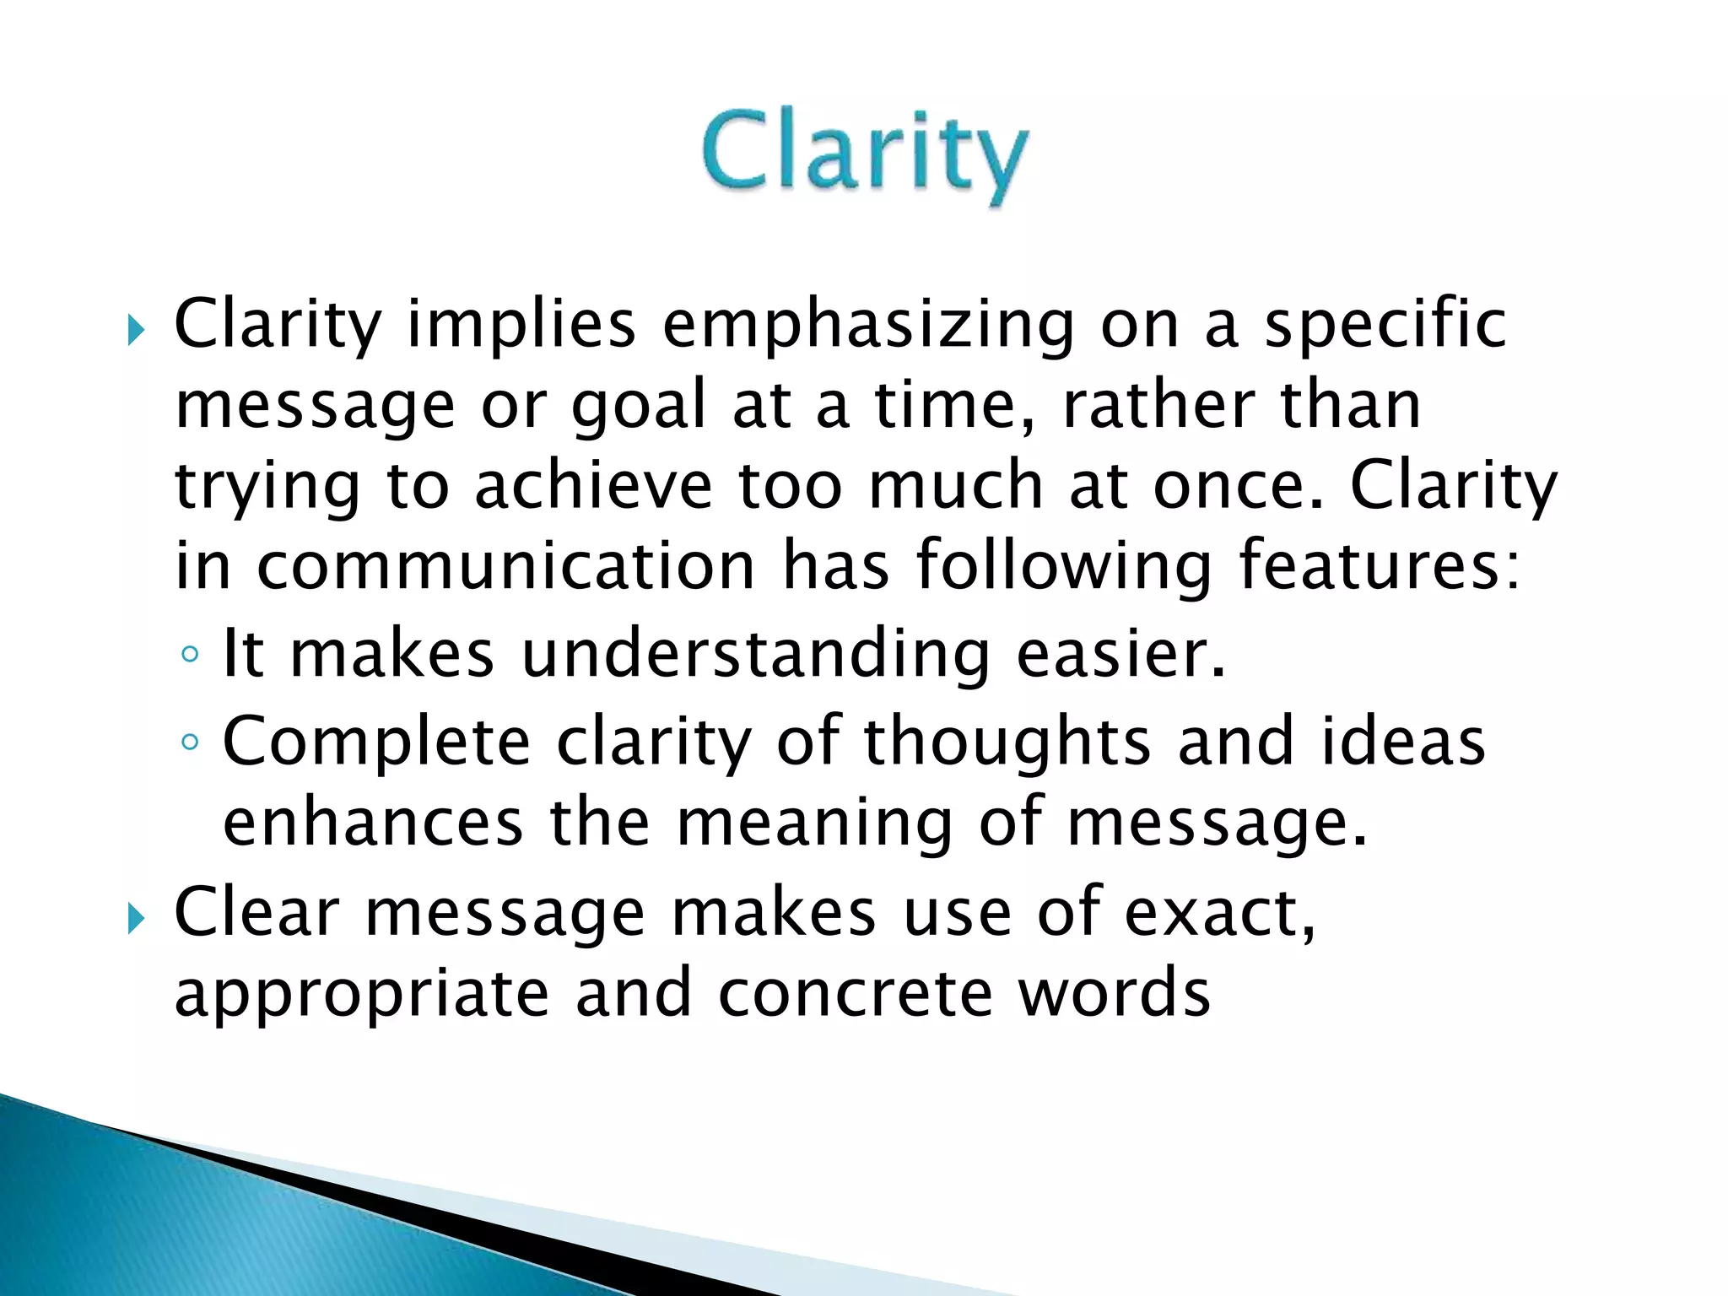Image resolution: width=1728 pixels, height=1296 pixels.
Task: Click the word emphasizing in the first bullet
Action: coord(868,325)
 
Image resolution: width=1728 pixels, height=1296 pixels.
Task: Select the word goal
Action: coord(638,406)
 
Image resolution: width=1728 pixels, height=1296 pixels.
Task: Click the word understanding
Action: coord(756,654)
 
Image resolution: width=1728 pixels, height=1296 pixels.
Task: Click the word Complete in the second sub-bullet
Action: coord(376,742)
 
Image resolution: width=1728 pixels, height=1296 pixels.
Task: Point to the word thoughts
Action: coord(1007,742)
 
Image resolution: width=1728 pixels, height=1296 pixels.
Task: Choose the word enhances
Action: coord(373,822)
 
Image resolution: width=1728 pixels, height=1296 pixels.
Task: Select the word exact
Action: coord(1218,912)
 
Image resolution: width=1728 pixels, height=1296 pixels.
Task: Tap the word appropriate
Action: coord(362,993)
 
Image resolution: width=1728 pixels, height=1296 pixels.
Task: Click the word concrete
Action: coord(855,993)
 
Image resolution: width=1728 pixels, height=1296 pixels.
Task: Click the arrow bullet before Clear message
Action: coord(136,917)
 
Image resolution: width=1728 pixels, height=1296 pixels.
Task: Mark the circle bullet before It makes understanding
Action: coord(191,654)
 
